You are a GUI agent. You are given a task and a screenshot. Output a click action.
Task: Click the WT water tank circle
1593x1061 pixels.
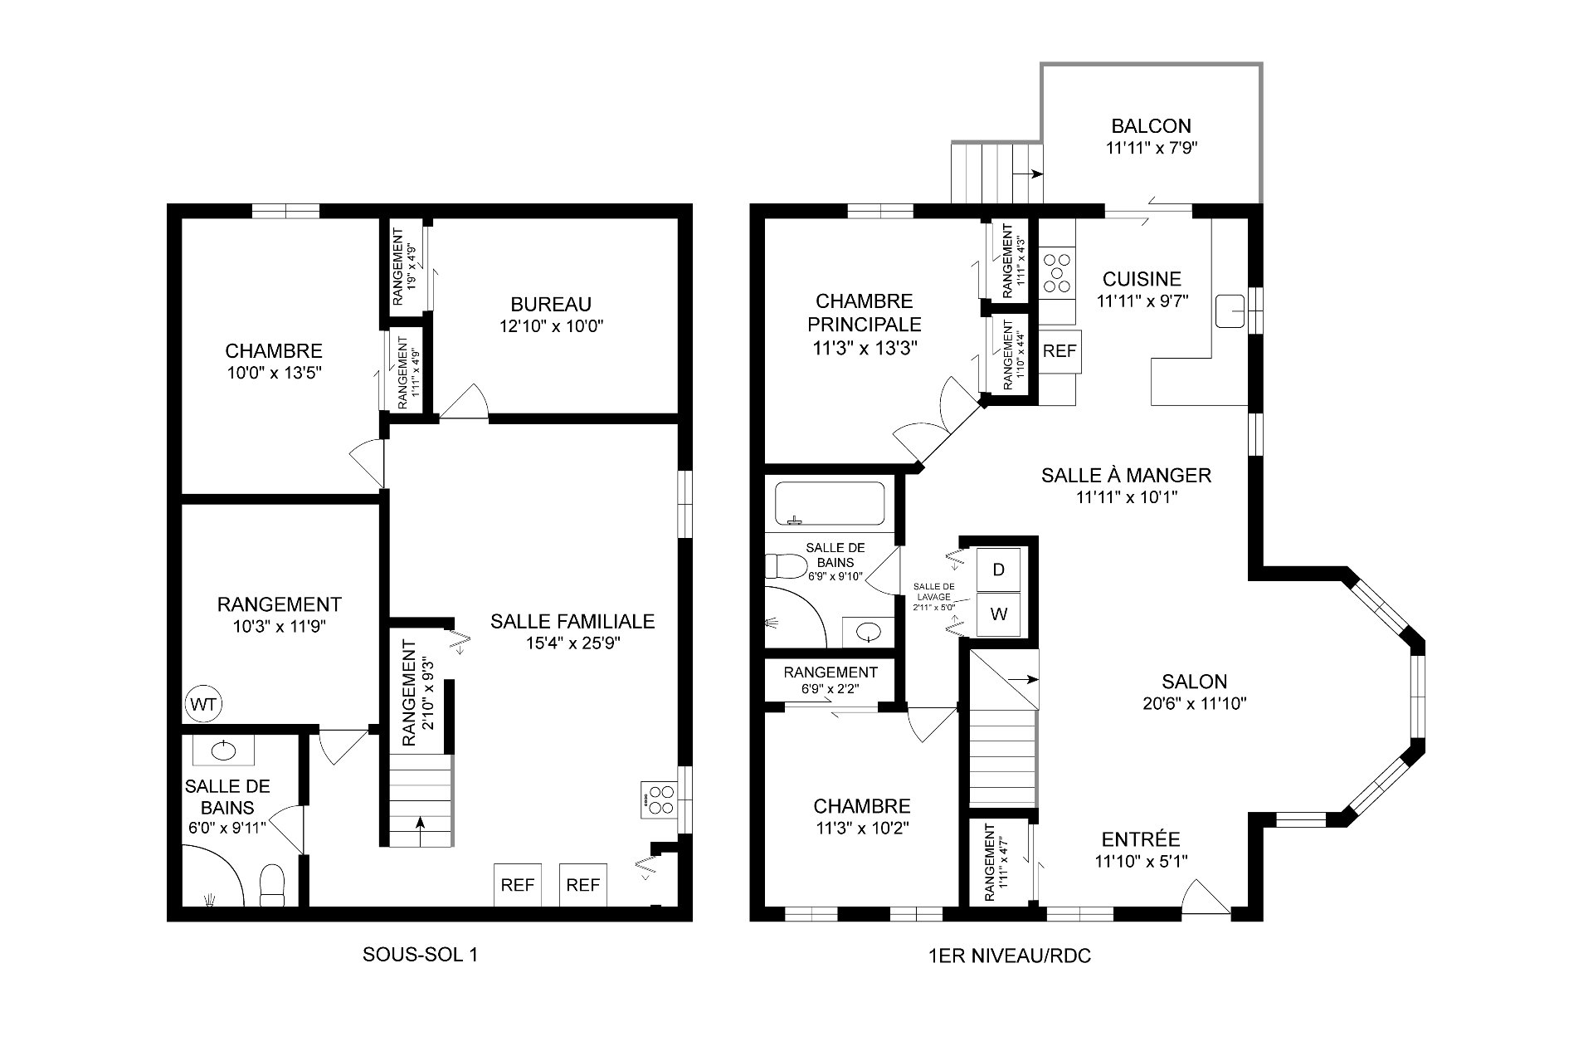(204, 705)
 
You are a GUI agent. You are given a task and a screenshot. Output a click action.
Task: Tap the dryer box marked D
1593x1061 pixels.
(998, 570)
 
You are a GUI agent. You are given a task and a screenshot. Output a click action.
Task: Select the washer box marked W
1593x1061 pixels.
(998, 614)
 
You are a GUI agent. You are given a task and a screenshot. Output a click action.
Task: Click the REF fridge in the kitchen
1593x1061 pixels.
(1060, 350)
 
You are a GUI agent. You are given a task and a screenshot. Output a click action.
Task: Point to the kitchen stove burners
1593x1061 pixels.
(1057, 273)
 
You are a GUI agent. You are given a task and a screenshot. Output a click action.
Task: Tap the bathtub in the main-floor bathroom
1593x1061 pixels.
(830, 504)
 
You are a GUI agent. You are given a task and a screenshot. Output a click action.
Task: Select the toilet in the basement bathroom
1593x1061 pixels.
(272, 885)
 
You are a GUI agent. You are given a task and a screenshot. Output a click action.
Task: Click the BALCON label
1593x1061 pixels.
(1152, 126)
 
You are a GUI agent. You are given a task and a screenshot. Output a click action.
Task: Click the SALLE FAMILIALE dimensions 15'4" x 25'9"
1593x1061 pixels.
(572, 643)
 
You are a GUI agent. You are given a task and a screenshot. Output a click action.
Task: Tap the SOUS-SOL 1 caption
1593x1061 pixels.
(421, 955)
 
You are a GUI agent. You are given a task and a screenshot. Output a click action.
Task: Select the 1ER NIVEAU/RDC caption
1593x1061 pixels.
(1010, 956)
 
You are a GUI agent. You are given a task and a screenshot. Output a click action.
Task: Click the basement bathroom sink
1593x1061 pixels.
(223, 751)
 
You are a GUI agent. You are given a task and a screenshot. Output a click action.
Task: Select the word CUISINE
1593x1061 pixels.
(1142, 279)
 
